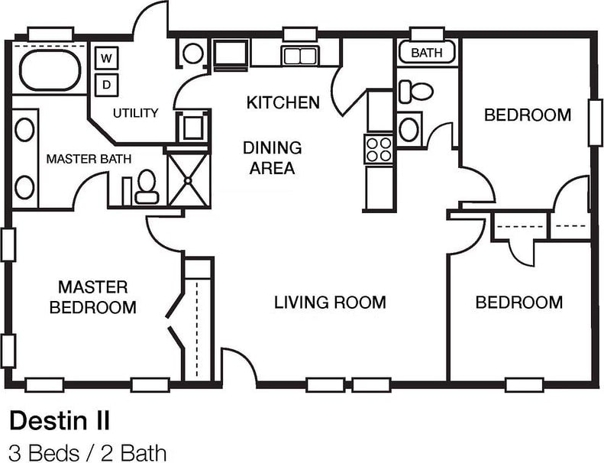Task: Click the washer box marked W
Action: pos(107,58)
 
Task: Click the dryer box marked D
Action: pos(107,83)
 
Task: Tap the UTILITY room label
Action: pos(136,113)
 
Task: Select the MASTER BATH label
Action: pos(89,159)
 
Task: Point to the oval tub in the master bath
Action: pos(50,70)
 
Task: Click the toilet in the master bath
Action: pos(146,186)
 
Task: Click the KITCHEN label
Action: pos(283,102)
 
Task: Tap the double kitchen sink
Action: pos(300,55)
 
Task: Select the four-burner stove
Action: pos(380,147)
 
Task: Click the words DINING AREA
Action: pos(272,157)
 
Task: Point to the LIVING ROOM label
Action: pos(330,303)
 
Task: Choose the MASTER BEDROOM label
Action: pos(93,297)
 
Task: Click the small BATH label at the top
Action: pos(425,53)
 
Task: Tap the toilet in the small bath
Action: pos(415,91)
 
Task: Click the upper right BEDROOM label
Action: pos(528,115)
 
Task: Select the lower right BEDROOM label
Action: pos(518,302)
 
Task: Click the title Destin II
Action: pos(60,419)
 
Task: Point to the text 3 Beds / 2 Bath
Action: pos(87,452)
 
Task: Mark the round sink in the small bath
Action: pos(409,128)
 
